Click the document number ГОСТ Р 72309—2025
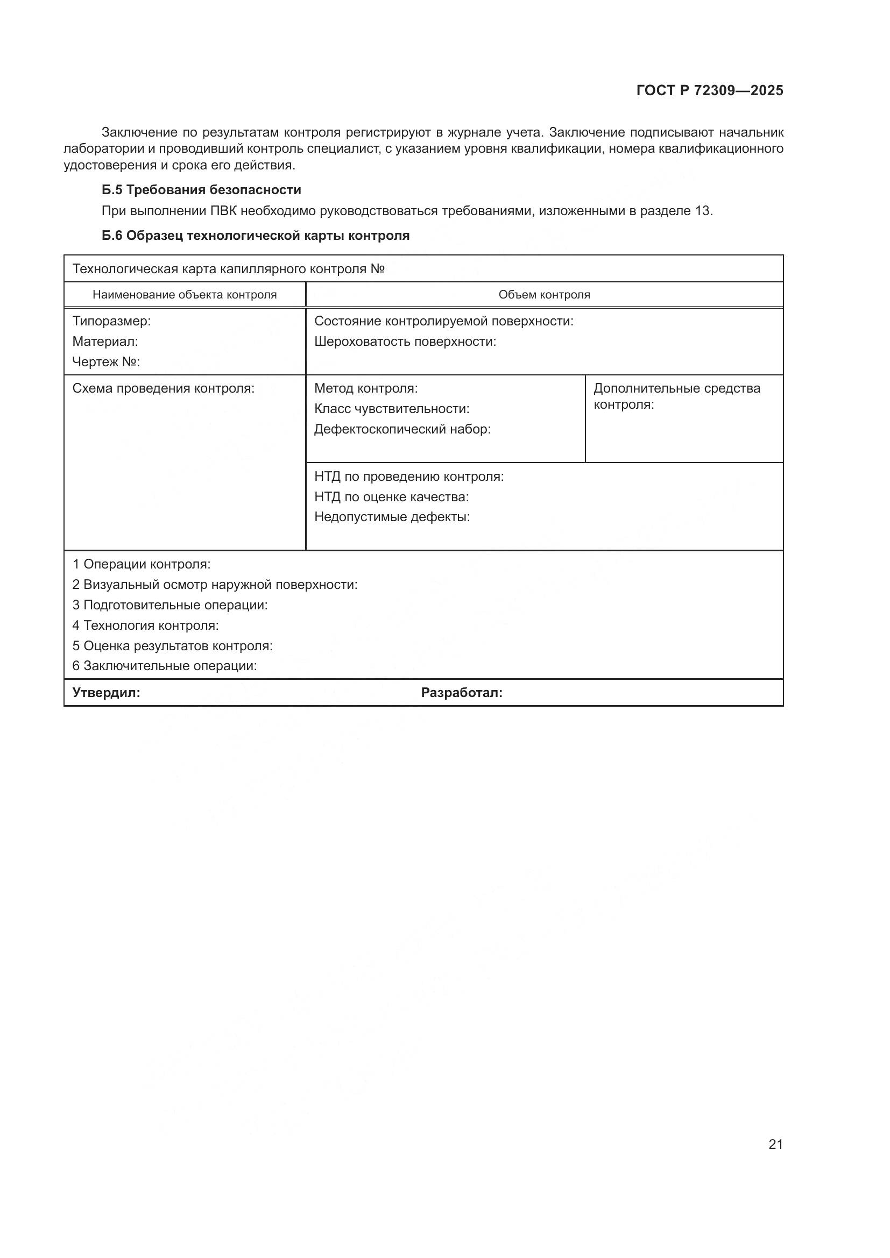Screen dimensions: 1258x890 (x=710, y=90)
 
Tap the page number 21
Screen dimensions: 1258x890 (x=775, y=1144)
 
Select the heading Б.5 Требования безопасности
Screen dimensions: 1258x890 (x=201, y=190)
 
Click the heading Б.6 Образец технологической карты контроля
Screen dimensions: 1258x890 (x=256, y=236)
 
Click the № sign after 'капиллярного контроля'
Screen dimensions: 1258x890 (x=378, y=269)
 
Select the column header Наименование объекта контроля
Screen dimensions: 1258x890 (x=185, y=295)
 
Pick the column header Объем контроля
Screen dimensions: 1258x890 (x=544, y=295)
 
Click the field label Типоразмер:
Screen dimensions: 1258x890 (x=111, y=321)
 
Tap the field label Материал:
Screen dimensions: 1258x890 (x=105, y=342)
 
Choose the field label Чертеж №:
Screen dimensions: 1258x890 (x=107, y=362)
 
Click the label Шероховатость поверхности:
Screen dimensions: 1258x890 (x=405, y=342)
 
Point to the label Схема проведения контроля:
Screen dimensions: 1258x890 (x=164, y=389)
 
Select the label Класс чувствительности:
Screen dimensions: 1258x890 (x=392, y=409)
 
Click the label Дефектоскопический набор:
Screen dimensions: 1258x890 (x=402, y=430)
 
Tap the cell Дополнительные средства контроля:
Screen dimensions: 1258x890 (x=677, y=397)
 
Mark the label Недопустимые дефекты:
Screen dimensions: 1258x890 (x=392, y=517)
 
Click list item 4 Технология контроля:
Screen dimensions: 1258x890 (x=145, y=626)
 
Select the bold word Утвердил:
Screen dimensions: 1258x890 (x=107, y=693)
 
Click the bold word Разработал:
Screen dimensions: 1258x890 (x=462, y=693)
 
